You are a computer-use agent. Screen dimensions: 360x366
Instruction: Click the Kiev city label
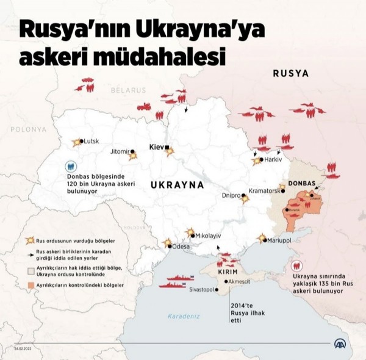(x=156, y=147)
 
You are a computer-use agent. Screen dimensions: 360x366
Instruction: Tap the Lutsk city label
(x=90, y=141)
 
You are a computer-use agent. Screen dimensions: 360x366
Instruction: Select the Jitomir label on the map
(x=119, y=151)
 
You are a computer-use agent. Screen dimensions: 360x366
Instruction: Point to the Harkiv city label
(x=273, y=160)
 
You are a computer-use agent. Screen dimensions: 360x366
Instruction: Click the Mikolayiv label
(x=208, y=235)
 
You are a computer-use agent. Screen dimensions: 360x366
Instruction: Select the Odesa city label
(x=181, y=247)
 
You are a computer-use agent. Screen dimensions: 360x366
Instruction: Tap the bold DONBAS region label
(x=301, y=184)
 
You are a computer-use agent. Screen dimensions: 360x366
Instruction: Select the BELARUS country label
(x=129, y=90)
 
